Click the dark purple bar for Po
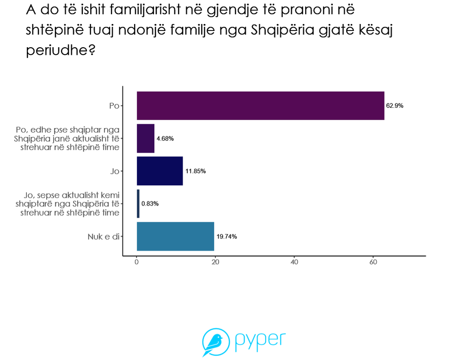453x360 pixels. point(260,106)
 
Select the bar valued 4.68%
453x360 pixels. point(146,139)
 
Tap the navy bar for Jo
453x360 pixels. point(159,171)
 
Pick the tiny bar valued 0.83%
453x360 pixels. point(138,204)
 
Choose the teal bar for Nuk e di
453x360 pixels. point(175,236)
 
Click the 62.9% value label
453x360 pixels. point(395,106)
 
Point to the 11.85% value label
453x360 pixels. point(196,171)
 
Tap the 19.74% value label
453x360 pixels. point(226,237)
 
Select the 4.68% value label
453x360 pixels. point(165,139)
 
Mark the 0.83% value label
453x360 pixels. point(150,204)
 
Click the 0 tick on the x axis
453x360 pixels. point(137,262)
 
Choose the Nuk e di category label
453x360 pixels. point(104,237)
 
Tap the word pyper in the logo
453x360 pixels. point(260,341)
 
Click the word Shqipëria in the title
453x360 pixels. point(284,30)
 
